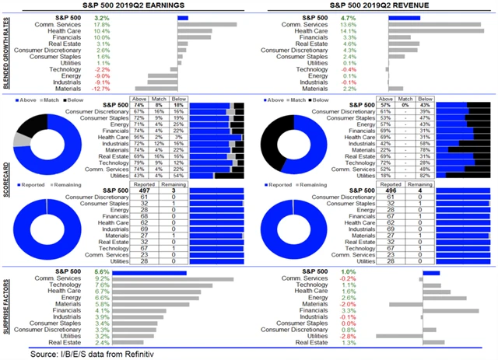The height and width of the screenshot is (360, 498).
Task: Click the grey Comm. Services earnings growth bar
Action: (207, 24)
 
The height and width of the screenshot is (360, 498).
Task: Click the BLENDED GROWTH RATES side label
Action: (7, 53)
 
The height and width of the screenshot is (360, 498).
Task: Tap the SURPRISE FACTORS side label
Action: (7, 306)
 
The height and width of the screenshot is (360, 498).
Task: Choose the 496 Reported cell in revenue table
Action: (387, 190)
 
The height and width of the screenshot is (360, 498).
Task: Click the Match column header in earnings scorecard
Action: (159, 99)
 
